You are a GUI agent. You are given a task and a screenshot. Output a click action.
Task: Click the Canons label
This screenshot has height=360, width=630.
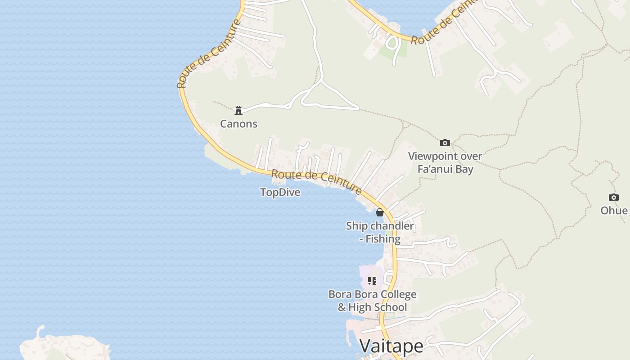pos(238,124)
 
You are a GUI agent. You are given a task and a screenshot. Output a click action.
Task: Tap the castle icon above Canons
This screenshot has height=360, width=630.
pos(238,110)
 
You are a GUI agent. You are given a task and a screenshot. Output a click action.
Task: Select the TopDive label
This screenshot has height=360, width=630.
pos(280,193)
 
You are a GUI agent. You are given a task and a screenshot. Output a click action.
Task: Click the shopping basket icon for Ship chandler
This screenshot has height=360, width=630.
pos(380,212)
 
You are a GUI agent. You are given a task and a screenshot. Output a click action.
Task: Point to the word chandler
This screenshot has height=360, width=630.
pos(392,226)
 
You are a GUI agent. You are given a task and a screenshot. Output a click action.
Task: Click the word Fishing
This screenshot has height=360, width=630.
pos(383,239)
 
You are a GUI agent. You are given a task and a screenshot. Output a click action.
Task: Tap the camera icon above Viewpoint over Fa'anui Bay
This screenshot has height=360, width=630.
pos(445,143)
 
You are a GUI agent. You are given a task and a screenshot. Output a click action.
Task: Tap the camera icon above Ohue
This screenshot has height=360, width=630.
pos(613,197)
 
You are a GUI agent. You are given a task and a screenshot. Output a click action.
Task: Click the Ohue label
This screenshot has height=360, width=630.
pos(614,211)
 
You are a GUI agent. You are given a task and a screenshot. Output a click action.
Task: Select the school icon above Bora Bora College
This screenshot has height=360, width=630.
pos(372,281)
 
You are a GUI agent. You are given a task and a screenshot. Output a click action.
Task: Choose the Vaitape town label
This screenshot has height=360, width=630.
pos(391,346)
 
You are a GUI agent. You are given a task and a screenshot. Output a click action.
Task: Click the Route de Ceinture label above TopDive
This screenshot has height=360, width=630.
pos(316,181)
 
